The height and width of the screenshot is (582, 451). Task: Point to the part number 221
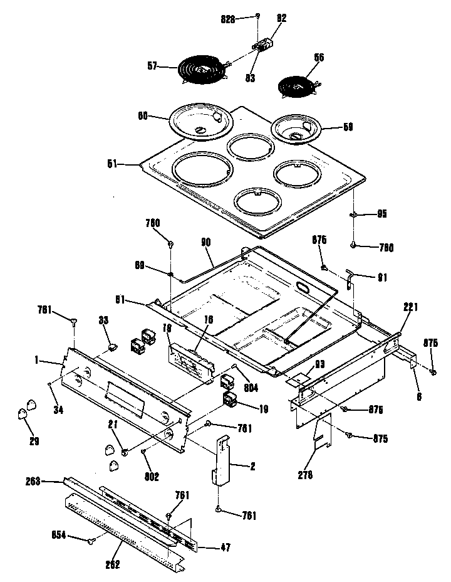[x=410, y=308]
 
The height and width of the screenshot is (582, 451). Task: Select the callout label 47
[x=224, y=548]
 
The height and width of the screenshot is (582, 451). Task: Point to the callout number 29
[x=34, y=442]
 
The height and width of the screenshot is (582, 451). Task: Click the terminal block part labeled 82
[x=264, y=45]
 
